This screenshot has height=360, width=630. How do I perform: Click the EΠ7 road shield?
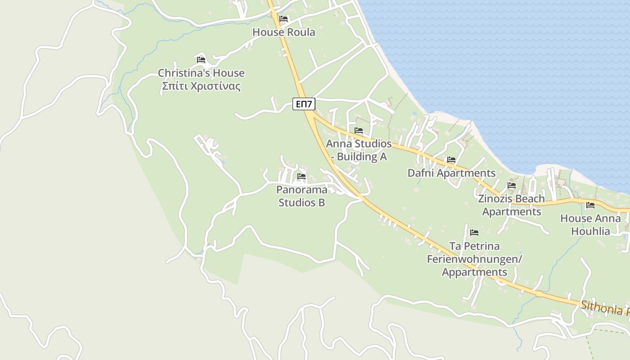click(304, 104)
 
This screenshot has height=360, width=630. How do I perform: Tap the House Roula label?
click(283, 32)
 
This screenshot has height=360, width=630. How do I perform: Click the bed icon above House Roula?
click(283, 19)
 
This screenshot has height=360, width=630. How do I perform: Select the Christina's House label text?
click(201, 73)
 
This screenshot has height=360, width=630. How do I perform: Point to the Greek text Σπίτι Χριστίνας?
click(201, 86)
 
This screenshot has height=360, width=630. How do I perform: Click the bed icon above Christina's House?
click(201, 59)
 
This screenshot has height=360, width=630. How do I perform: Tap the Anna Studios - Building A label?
click(359, 150)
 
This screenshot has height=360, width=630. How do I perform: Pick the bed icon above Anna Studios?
click(359, 130)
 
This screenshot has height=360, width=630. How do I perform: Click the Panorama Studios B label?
click(301, 196)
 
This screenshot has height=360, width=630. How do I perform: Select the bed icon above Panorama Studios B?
click(301, 176)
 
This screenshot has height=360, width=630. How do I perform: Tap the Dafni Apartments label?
click(451, 173)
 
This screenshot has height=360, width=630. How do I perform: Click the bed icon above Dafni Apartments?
click(451, 160)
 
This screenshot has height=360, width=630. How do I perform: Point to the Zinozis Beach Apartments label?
click(511, 205)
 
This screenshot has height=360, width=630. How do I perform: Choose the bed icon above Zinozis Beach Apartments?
click(512, 185)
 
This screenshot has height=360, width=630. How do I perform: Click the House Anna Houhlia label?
click(590, 225)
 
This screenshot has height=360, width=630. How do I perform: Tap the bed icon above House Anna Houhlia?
click(590, 205)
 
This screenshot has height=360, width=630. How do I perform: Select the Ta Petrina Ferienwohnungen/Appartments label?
click(474, 259)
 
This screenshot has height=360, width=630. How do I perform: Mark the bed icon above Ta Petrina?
click(474, 233)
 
